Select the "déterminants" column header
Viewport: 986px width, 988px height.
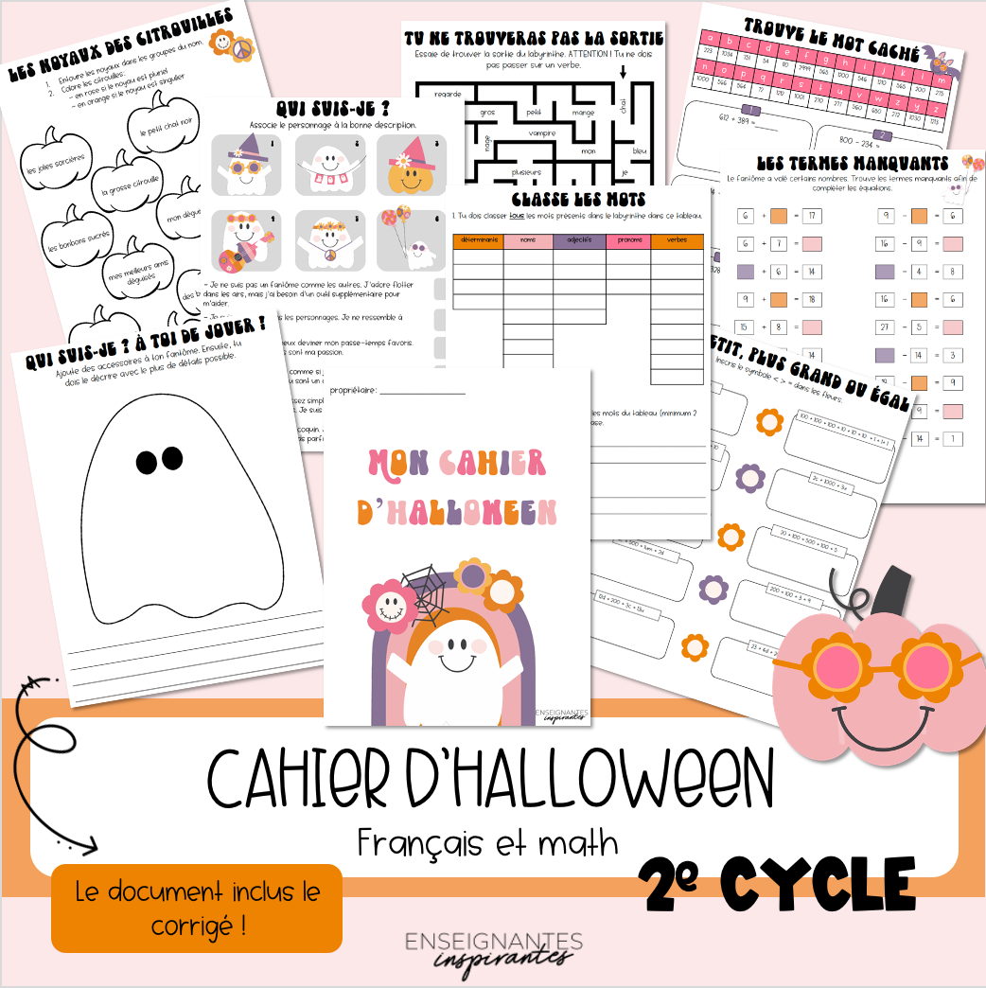[x=478, y=241]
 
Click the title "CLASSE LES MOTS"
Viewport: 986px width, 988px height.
[x=578, y=200]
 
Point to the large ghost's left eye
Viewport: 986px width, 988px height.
[x=148, y=461]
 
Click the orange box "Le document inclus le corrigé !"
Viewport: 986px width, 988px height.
[x=197, y=908]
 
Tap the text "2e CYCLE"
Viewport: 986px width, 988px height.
[x=776, y=886]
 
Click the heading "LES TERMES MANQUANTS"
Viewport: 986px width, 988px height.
[x=848, y=164]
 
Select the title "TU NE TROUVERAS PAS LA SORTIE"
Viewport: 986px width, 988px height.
[x=533, y=38]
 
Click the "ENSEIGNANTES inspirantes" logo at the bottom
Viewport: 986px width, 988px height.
[x=493, y=948]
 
